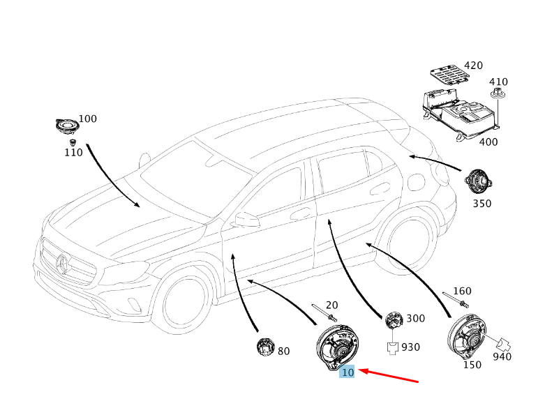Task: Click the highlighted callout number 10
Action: pos(348,372)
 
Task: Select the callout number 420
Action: pos(473,66)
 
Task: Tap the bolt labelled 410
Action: pos(498,96)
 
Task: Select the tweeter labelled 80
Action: pos(264,346)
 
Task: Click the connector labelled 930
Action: pos(393,346)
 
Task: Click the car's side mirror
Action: pos(246,220)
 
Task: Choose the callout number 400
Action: pos(488,142)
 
